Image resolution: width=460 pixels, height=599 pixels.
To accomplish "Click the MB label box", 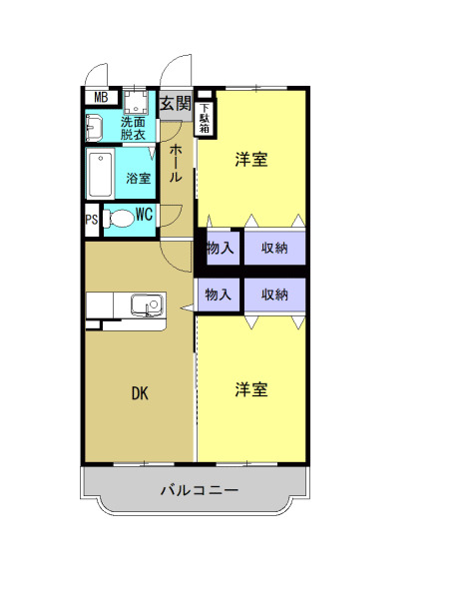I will coord(100,97).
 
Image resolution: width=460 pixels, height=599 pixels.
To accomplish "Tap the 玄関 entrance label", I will coord(177,102).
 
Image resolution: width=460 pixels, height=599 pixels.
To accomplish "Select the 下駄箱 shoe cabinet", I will coord(205,118).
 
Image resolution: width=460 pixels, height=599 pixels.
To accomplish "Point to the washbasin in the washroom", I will coord(95,128).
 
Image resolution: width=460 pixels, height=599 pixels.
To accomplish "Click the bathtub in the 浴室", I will coord(101,176).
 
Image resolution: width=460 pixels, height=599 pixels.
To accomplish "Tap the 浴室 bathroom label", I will coord(139,179).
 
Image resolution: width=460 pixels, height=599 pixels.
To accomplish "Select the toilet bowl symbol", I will coord(119,219).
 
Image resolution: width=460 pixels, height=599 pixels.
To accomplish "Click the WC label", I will coord(144,213).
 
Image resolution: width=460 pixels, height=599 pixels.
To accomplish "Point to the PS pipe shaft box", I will coord(92,221).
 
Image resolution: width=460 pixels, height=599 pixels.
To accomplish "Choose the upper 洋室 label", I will coord(251,160).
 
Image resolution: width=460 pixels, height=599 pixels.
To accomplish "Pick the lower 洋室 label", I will coord(251,389).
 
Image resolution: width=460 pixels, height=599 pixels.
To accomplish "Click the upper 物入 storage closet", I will coord(220,248).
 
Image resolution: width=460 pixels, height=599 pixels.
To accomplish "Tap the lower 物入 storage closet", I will coord(219,294).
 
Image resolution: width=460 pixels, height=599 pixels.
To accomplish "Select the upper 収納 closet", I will coord(274,248).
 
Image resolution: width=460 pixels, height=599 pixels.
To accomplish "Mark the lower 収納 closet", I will coord(274,294).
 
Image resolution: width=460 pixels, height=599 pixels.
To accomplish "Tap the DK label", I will coord(140,393).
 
